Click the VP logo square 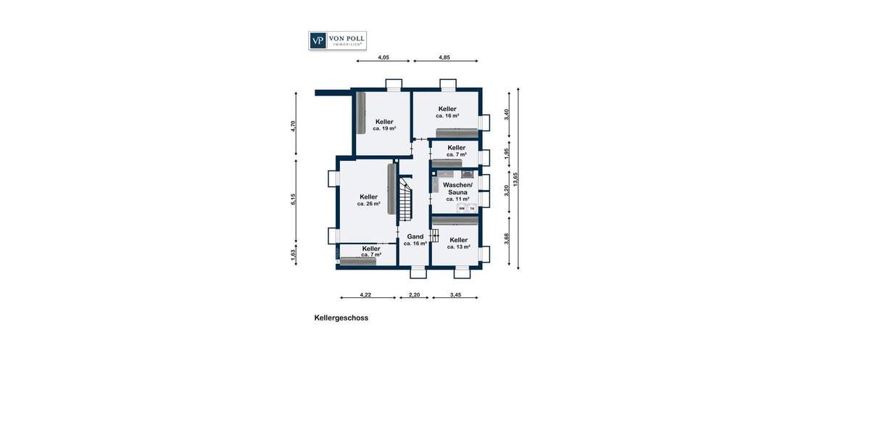318,41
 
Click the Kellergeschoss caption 341,318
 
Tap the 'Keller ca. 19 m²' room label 384,125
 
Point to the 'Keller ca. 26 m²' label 368,200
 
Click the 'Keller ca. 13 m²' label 458,243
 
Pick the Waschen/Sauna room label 457,191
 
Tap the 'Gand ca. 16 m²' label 415,240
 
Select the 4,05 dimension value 384,57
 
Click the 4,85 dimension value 444,57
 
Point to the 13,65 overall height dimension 515,179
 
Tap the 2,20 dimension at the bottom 415,294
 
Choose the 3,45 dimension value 455,294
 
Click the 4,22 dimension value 365,294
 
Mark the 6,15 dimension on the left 294,199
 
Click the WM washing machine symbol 461,209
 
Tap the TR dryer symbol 471,209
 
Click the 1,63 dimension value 294,255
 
